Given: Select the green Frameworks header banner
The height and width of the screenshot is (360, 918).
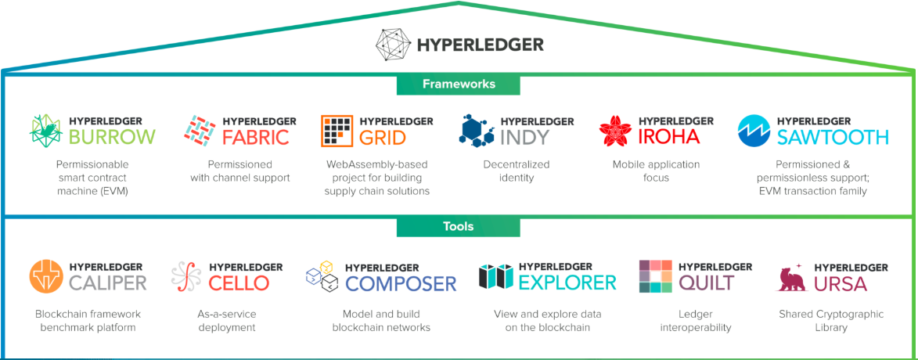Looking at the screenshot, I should [459, 84].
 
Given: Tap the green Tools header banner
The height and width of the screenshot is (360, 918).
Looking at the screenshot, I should [459, 227].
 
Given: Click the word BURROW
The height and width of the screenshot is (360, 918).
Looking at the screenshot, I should [112, 138].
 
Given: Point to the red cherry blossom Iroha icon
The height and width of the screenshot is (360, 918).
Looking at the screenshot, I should [615, 131].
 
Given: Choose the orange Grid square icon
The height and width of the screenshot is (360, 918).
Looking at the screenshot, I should [337, 131].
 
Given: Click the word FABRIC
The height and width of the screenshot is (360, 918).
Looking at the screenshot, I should [255, 138].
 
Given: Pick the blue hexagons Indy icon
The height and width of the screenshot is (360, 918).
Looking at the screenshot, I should [476, 131].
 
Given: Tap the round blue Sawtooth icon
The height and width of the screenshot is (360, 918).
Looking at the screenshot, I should [754, 131].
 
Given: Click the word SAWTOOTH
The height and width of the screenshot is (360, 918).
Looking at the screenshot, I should [833, 138].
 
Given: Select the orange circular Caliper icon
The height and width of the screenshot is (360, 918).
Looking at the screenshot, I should [46, 276].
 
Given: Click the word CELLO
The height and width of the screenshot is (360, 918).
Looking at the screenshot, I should [239, 283].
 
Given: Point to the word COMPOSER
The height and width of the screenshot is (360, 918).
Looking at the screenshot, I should [401, 283].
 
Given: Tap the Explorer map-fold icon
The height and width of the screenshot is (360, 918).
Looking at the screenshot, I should [495, 276].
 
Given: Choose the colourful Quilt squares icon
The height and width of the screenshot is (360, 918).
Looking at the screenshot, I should [655, 276].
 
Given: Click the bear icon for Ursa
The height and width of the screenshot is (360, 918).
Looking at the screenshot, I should [791, 278].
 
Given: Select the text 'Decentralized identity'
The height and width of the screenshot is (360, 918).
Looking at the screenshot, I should [517, 171].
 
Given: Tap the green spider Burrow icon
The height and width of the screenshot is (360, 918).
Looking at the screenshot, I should [46, 131].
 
